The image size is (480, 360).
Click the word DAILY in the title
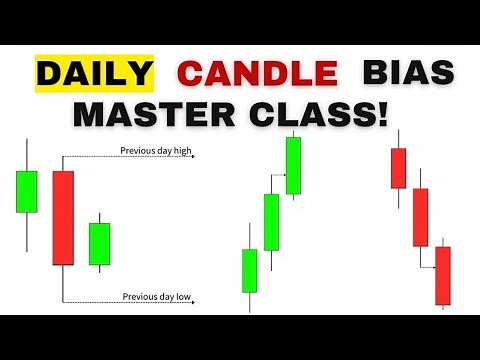click(x=96, y=73)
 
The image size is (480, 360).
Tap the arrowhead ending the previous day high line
click(x=190, y=157)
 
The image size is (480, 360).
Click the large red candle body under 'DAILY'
click(x=63, y=217)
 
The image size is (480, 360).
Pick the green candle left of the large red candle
click(x=27, y=191)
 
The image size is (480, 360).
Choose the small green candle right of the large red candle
click(x=99, y=243)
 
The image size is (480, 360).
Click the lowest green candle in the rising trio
click(x=250, y=270)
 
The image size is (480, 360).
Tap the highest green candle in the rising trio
click(x=293, y=165)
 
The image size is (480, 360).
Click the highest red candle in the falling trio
click(x=398, y=168)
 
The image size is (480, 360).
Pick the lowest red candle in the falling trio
click(x=443, y=275)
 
